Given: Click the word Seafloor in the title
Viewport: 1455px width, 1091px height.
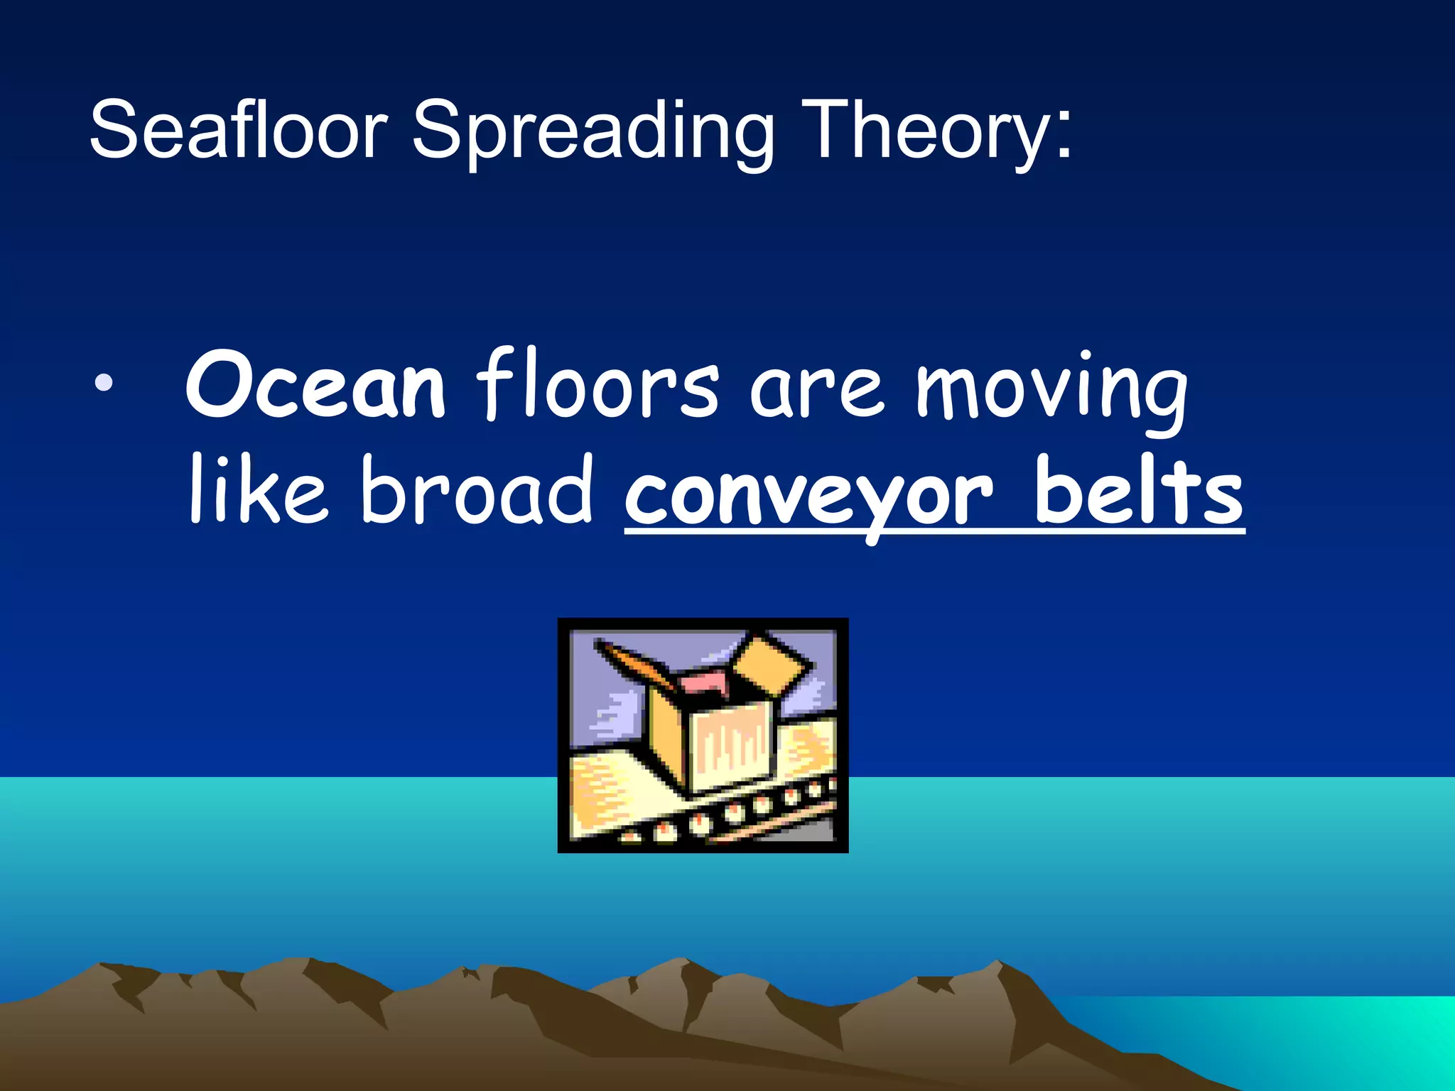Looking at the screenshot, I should pos(238,130).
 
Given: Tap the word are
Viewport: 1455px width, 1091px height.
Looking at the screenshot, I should pos(817,393).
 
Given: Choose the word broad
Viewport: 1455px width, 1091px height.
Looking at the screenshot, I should pos(476,490).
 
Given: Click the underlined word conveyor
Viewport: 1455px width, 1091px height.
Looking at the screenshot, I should pos(808,495).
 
